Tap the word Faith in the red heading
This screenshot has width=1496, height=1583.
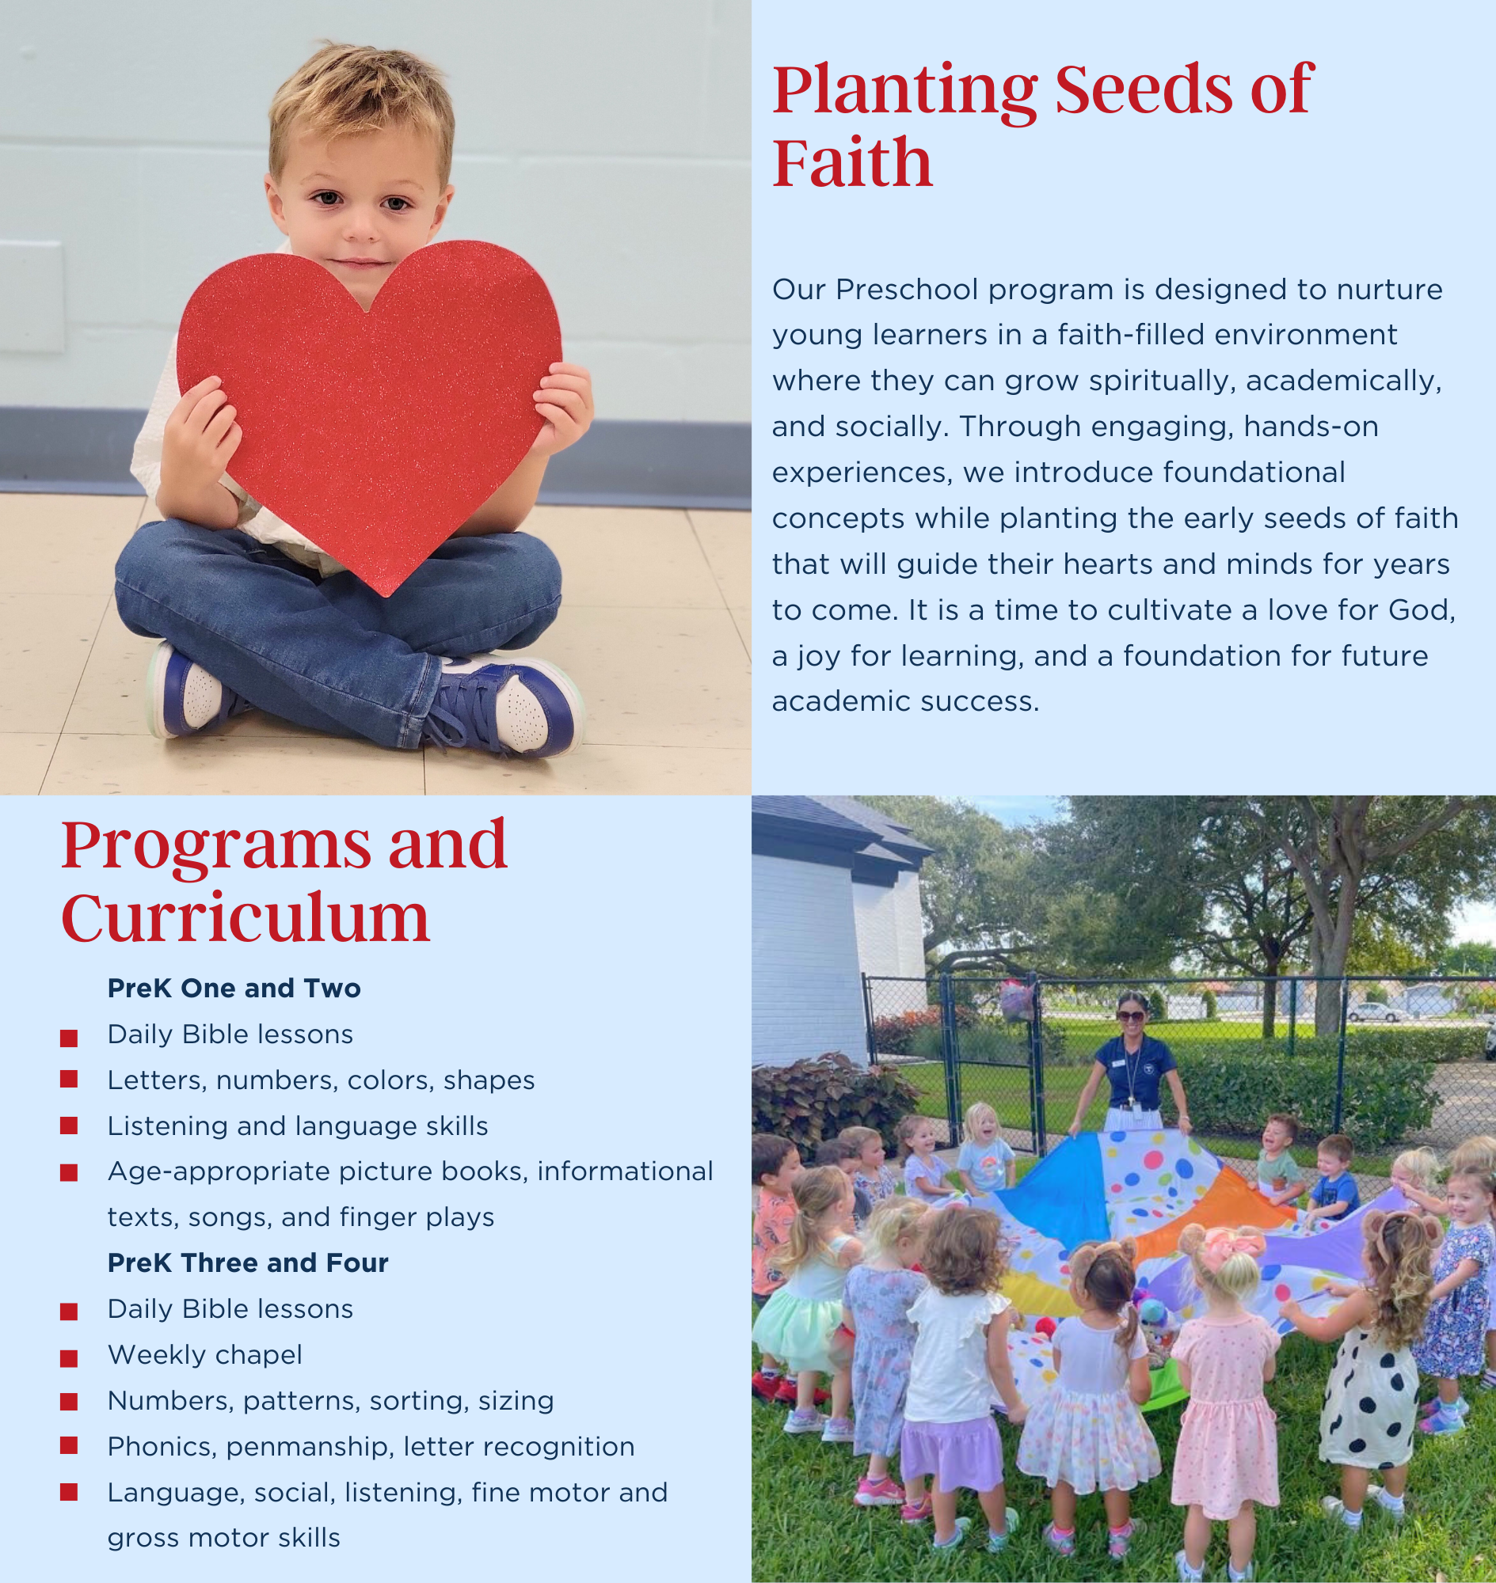(x=851, y=162)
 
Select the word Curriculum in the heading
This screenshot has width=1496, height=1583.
(x=246, y=918)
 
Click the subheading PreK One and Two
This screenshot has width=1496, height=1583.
(x=234, y=989)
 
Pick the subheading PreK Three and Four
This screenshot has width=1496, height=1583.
(x=247, y=1262)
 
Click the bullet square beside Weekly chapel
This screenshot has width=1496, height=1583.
(x=70, y=1357)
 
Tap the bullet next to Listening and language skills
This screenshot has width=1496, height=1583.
(x=70, y=1126)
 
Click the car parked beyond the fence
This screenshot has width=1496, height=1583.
(x=1377, y=1012)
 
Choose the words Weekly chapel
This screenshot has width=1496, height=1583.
(x=205, y=1354)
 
